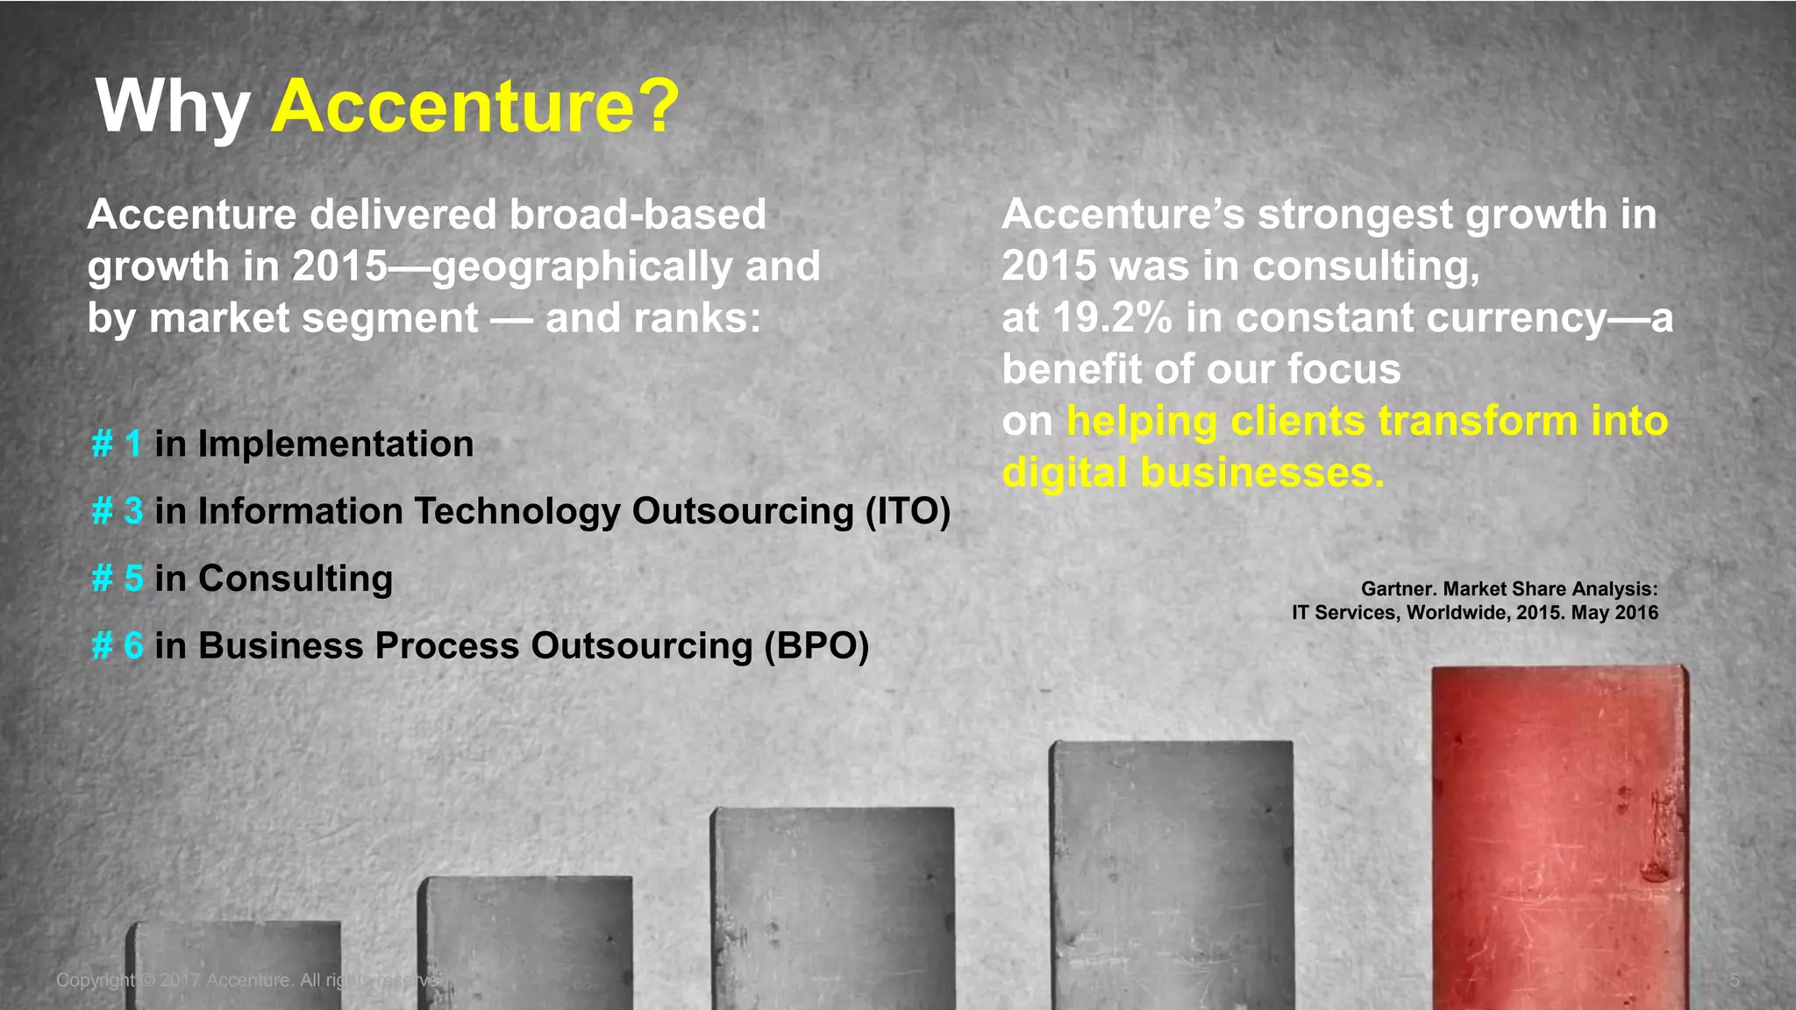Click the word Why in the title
point(172,107)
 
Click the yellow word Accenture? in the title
point(474,107)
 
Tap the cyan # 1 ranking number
point(117,444)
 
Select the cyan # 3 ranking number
point(117,511)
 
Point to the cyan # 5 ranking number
point(117,579)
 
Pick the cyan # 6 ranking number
point(117,646)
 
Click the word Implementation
point(335,445)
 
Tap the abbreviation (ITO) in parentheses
point(907,512)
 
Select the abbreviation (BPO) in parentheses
point(816,646)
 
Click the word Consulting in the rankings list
point(296,579)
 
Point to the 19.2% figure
point(1112,317)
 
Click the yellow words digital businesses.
point(1193,473)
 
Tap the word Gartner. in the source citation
point(1398,589)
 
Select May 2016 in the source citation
point(1614,613)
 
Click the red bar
point(1559,833)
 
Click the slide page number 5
point(1734,980)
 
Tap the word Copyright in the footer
point(95,980)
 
